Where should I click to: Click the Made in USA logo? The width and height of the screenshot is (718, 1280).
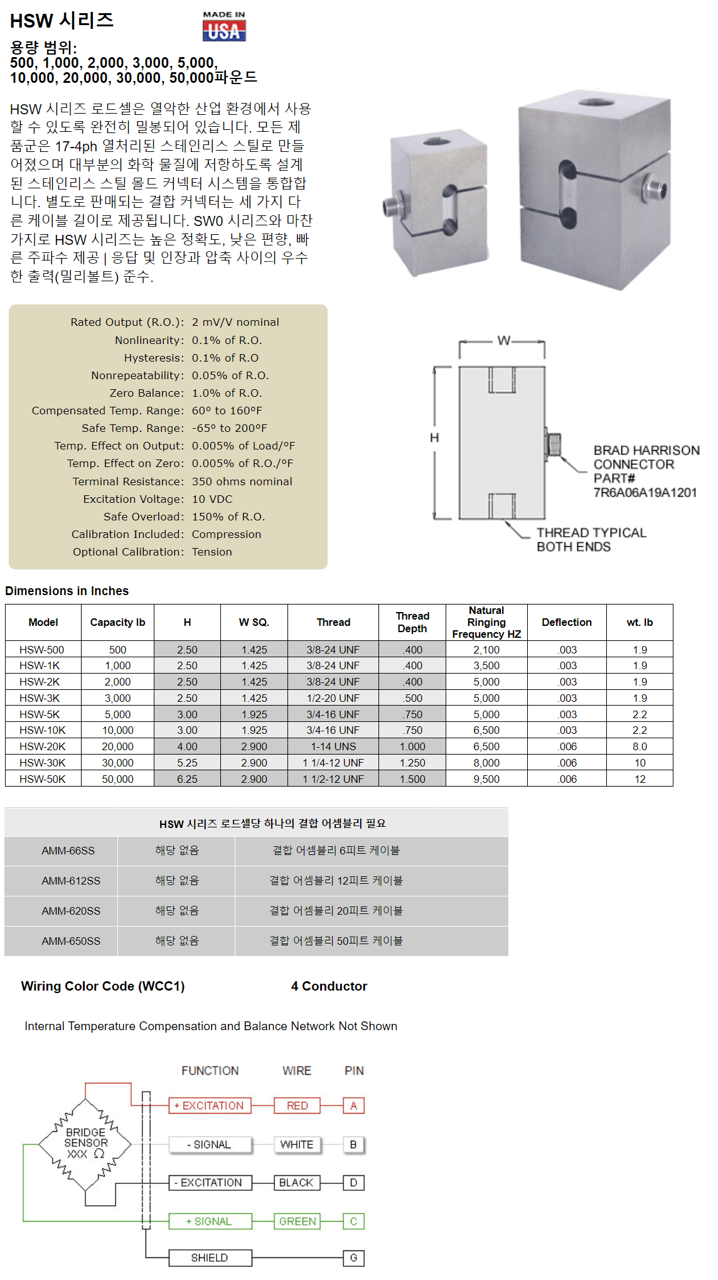[x=224, y=26]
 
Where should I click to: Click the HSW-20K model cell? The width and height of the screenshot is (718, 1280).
[x=43, y=746]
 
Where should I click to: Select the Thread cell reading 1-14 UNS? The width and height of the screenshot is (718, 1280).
[x=333, y=746]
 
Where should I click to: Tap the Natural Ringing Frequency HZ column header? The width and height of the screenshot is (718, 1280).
[x=486, y=622]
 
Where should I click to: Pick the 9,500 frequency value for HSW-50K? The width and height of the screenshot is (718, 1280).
[x=486, y=779]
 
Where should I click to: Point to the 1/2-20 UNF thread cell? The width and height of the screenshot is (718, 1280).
[x=333, y=698]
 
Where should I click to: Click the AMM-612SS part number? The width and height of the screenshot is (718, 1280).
[x=71, y=881]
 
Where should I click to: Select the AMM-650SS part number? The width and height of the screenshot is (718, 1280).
[x=71, y=941]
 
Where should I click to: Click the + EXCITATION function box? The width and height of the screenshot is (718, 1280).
[x=210, y=1105]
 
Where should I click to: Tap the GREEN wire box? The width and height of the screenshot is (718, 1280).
[x=297, y=1221]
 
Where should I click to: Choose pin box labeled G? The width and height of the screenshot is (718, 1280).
[x=353, y=1257]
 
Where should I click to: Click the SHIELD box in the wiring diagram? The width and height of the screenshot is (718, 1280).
[x=210, y=1257]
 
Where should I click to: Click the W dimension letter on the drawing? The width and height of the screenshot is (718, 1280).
[x=503, y=340]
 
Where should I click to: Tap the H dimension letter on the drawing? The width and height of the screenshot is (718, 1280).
[x=434, y=438]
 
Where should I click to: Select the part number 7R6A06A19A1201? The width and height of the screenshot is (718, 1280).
[x=645, y=492]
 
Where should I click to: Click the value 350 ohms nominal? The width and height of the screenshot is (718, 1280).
[x=242, y=481]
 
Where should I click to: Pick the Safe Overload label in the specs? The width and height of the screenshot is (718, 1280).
[x=143, y=517]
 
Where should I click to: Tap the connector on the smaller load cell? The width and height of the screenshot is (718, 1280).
[x=392, y=207]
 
